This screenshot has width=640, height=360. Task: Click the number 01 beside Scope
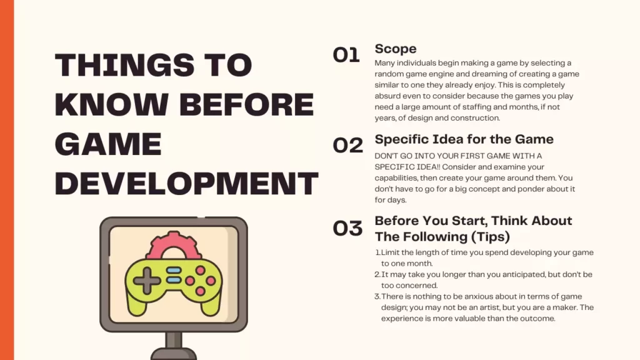click(346, 55)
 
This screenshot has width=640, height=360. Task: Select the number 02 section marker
click(347, 145)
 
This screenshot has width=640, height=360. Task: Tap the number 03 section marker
click(347, 228)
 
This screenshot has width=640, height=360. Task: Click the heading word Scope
click(396, 49)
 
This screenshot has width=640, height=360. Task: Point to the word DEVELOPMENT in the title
click(186, 183)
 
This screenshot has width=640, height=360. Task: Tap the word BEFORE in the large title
click(246, 104)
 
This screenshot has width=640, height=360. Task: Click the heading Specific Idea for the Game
click(464, 139)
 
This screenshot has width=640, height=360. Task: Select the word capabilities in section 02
click(396, 178)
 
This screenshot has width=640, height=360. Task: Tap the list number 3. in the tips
click(377, 296)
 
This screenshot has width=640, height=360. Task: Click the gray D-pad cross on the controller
click(146, 281)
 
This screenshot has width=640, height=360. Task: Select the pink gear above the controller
click(174, 245)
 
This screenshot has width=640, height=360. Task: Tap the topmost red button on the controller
click(201, 271)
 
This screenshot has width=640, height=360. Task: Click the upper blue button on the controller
click(174, 270)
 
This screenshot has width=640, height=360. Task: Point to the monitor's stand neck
click(174, 339)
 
